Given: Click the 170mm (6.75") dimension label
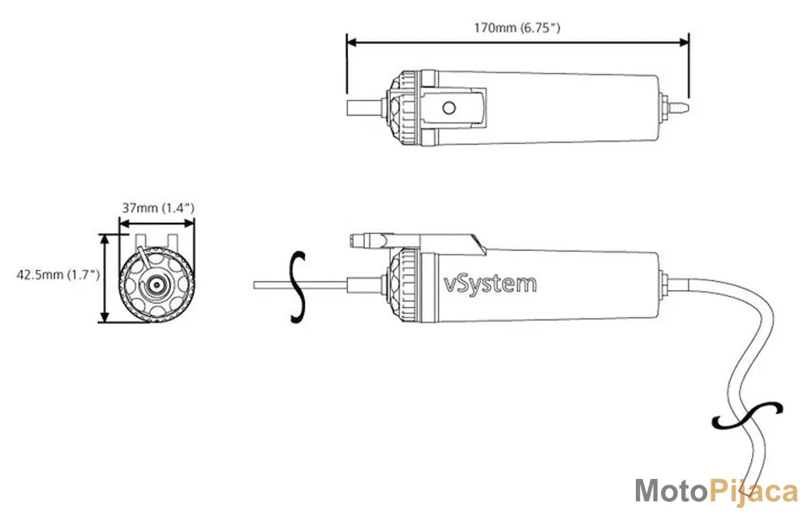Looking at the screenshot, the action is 517,27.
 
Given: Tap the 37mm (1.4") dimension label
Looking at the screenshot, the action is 158,207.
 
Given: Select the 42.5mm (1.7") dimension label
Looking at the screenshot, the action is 58,275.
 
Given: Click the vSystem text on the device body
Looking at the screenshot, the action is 491,283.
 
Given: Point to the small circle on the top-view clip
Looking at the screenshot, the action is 449,108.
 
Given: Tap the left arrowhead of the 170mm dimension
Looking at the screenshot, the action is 352,42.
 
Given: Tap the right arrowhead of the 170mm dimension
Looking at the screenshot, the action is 683,42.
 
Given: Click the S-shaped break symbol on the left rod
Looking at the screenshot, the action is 298,288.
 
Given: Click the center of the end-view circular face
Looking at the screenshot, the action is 155,284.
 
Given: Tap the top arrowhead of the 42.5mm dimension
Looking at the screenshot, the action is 105,239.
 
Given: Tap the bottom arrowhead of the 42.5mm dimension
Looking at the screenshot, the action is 105,316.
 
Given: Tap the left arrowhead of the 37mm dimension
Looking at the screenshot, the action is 125,224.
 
